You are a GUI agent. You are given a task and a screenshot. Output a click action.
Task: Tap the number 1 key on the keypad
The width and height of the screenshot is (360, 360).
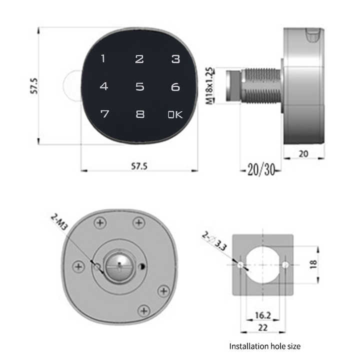(103, 59)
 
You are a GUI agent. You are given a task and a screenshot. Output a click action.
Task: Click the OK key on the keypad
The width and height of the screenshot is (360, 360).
(175, 114)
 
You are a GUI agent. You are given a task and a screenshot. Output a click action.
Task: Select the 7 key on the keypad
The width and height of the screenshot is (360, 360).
(104, 114)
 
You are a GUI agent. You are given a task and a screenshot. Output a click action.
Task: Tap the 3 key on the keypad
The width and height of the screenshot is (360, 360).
(175, 59)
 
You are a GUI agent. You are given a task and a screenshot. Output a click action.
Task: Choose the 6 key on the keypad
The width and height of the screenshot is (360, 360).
(175, 86)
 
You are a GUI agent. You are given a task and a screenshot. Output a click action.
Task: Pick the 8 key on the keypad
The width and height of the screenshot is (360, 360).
(140, 114)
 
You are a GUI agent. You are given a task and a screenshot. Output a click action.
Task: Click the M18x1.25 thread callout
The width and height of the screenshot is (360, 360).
(210, 85)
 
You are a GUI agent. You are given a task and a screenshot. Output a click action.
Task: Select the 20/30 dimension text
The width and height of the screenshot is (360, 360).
(261, 170)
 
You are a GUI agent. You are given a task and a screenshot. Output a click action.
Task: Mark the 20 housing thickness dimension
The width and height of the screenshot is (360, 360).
(303, 154)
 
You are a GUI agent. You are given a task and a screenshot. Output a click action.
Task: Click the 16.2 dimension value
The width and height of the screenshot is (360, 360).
(262, 315)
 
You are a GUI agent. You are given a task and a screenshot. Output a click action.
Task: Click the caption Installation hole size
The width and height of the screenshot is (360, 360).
(264, 345)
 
